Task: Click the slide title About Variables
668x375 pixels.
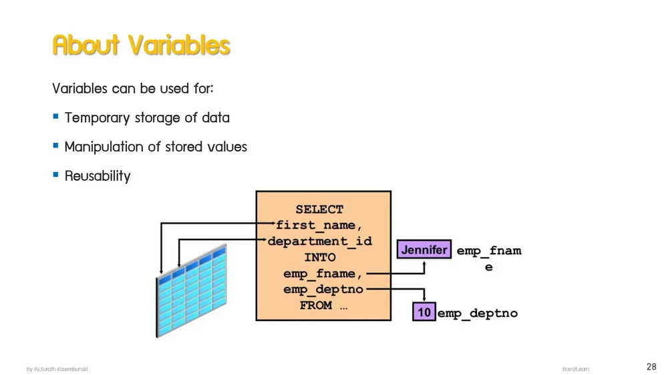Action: tap(141, 45)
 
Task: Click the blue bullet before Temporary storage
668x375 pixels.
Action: tap(56, 117)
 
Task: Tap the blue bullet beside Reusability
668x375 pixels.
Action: tap(56, 175)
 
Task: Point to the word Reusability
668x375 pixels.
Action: tap(98, 176)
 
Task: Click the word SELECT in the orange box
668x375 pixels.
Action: tap(319, 210)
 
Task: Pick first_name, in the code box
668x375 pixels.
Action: tap(319, 226)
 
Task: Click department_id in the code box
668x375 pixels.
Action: tap(319, 242)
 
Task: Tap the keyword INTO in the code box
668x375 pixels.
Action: tap(319, 258)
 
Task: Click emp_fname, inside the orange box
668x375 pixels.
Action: tap(323, 274)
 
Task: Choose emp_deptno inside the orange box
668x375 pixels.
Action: tap(323, 290)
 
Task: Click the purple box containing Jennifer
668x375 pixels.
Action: tap(424, 250)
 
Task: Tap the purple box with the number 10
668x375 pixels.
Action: tap(424, 312)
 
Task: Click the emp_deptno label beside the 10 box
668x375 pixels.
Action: tap(478, 313)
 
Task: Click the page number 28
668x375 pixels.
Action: tap(651, 366)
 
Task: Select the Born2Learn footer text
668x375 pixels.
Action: tap(576, 369)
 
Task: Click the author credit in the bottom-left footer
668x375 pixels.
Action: tap(57, 369)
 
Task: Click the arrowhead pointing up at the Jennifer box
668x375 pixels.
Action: tap(424, 263)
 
